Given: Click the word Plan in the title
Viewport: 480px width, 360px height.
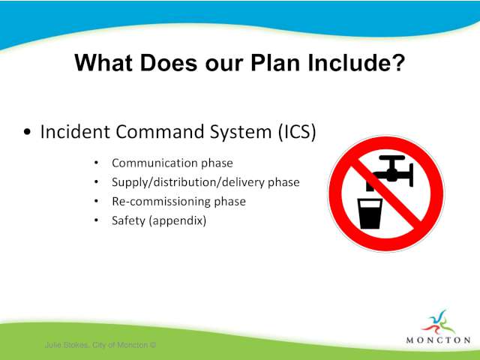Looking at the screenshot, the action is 275,63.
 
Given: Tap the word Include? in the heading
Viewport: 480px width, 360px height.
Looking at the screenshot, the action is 356,63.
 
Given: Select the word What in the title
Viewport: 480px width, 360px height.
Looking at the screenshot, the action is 103,63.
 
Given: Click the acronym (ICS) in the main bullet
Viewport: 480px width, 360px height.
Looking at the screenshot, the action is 297,132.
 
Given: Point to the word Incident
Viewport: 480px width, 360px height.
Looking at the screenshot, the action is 75,132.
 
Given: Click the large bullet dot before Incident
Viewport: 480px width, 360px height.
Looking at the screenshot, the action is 27,132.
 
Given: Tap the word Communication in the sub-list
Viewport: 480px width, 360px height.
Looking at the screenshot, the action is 154,163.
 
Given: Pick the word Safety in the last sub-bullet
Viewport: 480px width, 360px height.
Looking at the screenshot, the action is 128,220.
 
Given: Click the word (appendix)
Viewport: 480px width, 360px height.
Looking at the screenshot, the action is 178,220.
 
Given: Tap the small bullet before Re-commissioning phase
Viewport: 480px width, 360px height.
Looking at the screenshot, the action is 97,202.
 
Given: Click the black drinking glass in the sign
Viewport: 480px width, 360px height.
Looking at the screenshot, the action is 370,214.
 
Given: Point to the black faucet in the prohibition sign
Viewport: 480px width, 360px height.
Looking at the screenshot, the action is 390,173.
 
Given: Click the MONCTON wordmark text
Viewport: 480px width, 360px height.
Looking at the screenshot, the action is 438,340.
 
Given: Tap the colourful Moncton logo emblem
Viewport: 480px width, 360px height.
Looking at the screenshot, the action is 439,322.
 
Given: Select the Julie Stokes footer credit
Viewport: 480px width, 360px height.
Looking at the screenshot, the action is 100,345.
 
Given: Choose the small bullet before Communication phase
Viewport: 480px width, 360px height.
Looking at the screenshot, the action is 97,163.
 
